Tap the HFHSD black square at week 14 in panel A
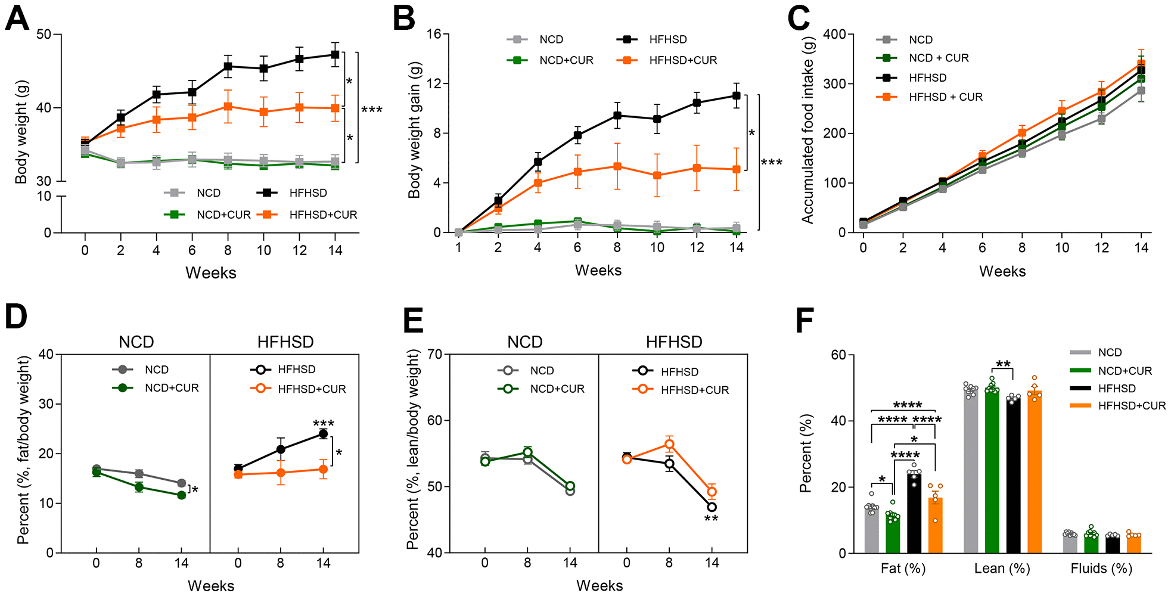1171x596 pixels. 335,54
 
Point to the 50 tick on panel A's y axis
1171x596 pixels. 44,35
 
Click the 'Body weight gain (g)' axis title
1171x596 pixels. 414,130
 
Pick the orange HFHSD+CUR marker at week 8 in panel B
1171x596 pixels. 617,166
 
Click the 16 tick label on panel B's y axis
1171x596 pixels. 433,35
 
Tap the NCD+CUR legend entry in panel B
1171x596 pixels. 551,60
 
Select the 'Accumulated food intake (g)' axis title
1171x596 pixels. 807,130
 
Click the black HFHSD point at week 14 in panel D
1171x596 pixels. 323,433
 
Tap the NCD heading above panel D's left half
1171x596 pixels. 136,342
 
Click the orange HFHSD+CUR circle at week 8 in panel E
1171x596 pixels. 669,444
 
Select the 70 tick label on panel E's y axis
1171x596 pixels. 435,355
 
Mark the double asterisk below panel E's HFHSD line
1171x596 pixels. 712,519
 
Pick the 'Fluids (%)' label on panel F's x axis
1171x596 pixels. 1101,569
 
